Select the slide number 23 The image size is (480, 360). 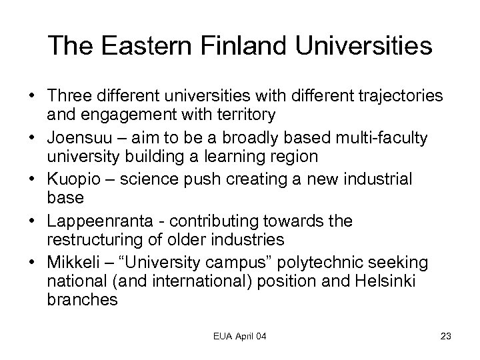pyautogui.click(x=446, y=336)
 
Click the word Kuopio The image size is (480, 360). pyautogui.click(x=69, y=180)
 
